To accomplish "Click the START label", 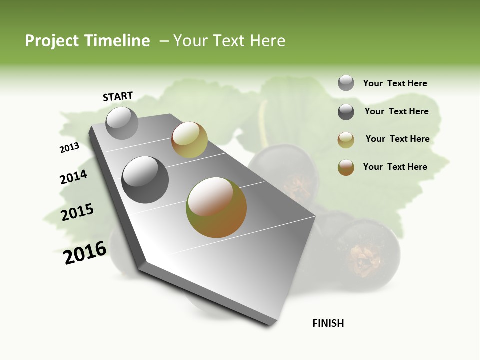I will [x=118, y=96].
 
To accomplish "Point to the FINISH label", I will [x=328, y=323].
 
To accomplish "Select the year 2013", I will [x=69, y=148].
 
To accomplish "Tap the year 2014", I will [x=73, y=177].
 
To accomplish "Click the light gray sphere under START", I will [x=122, y=123].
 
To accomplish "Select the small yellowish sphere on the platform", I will [x=189, y=139].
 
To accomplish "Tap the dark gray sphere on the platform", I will [x=145, y=179].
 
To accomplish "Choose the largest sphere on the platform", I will [x=216, y=207].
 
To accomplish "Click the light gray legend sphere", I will [x=346, y=83].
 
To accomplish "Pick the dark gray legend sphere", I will [x=346, y=112].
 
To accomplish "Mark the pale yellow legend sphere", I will [x=346, y=140].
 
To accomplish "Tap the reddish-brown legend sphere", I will [x=346, y=167].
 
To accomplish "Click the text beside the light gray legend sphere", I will [x=395, y=83].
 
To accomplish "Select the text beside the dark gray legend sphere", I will [x=396, y=111].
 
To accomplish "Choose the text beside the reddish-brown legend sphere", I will [x=395, y=167].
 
